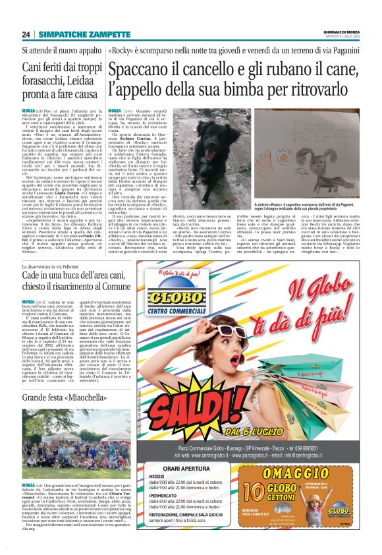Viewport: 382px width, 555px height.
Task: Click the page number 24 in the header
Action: click(x=27, y=34)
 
